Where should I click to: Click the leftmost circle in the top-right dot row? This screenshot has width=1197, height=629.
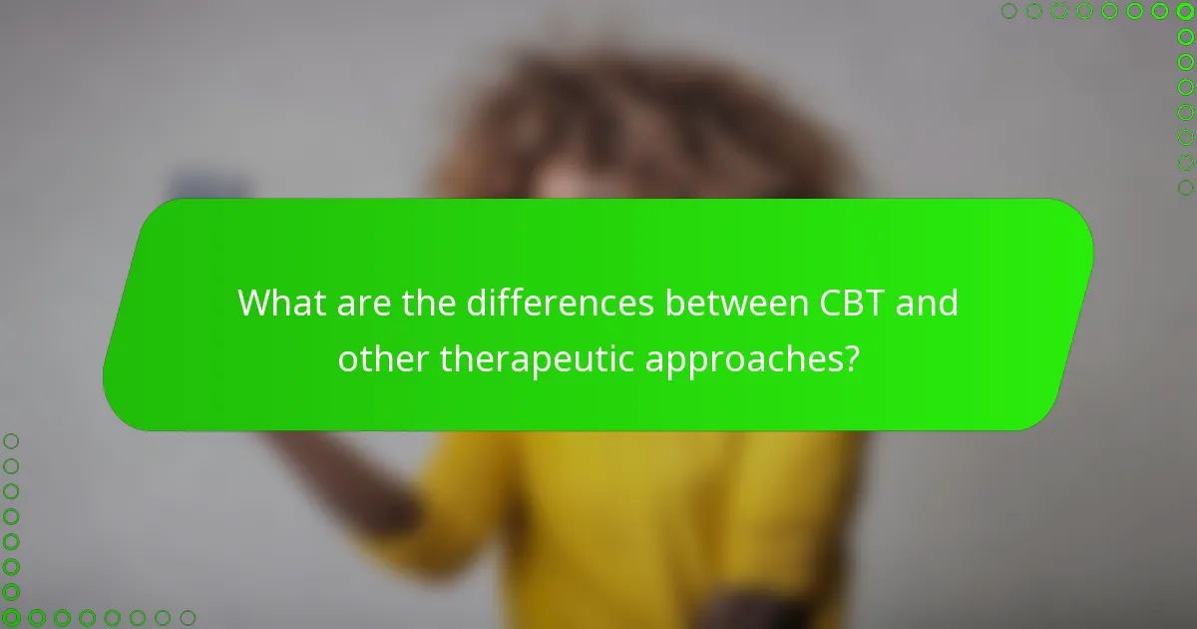[x=1009, y=11]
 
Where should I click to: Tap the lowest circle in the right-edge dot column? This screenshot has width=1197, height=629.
[x=1185, y=187]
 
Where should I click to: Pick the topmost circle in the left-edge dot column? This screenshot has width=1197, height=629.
[x=11, y=440]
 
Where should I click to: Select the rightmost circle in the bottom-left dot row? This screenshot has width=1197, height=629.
[x=187, y=618]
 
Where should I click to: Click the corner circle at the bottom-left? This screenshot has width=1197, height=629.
[x=11, y=618]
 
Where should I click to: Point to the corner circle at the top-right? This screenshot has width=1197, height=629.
[x=1185, y=11]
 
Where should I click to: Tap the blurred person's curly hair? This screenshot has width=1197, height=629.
[x=638, y=120]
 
